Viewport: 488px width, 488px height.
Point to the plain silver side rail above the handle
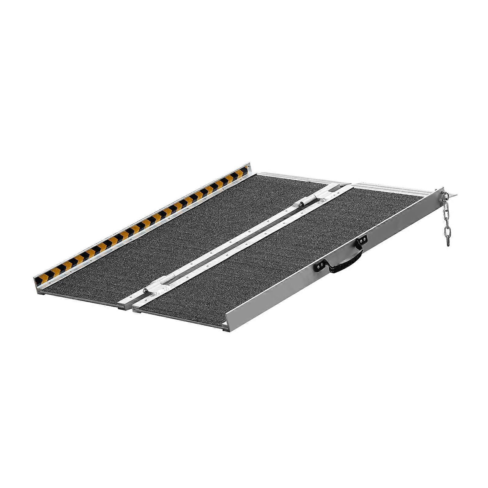pyautogui.click(x=403, y=220)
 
